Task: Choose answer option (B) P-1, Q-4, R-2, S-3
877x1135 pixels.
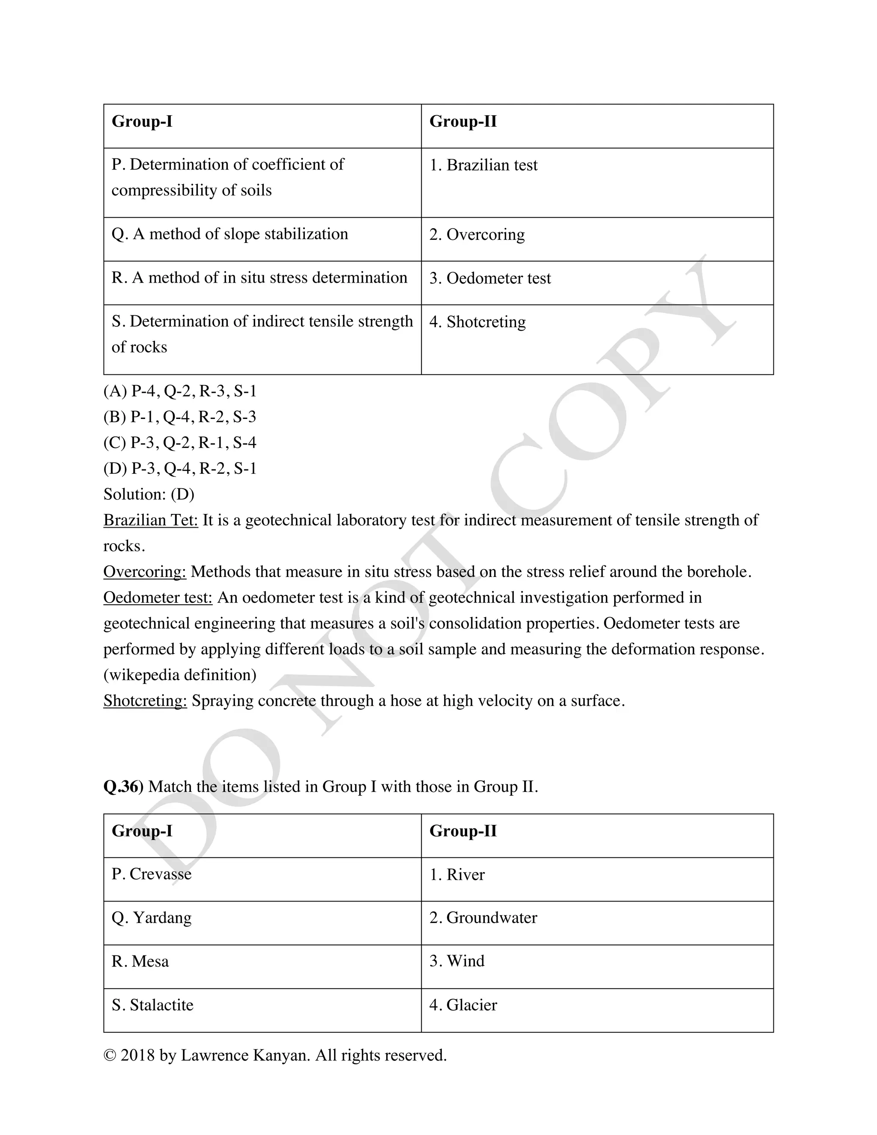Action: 180,417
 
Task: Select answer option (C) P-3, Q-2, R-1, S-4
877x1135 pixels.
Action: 180,443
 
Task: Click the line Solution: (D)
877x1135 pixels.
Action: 149,494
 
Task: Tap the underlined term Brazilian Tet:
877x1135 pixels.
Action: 151,520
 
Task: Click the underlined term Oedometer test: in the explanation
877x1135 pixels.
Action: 158,597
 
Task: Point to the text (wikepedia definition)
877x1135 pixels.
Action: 180,675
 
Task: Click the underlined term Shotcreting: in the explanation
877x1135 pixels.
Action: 145,701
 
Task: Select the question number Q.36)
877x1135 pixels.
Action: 123,787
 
